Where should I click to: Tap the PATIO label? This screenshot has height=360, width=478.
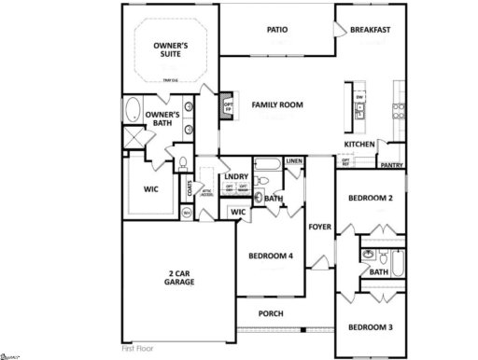point(277,30)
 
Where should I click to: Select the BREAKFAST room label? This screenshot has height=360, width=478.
point(370,30)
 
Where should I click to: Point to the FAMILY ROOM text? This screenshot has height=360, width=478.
point(276,104)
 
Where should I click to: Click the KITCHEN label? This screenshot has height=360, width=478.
point(359,145)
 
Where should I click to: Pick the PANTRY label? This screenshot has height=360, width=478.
point(390,165)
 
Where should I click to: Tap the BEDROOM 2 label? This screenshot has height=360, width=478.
point(371,198)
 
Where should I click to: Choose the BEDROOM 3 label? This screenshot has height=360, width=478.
point(371,327)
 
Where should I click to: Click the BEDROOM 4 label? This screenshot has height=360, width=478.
point(271,256)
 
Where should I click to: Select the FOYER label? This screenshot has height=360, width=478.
point(321,226)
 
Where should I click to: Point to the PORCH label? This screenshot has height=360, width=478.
point(271,313)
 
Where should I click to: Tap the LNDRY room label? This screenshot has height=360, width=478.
point(236,176)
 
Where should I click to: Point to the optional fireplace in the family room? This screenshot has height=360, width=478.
point(226,104)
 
